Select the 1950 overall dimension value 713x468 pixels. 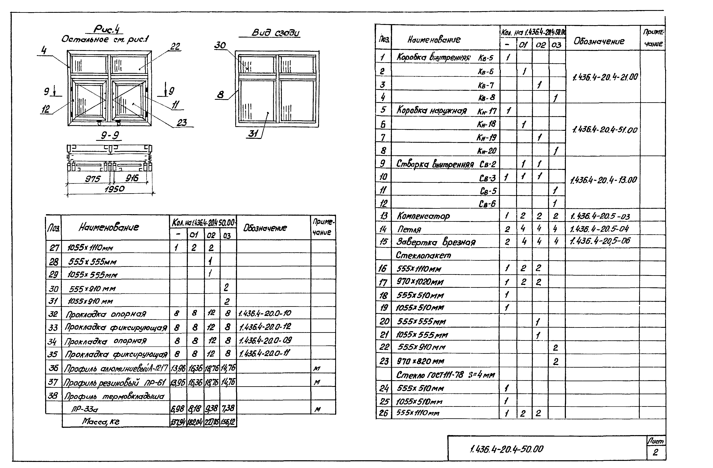point(114,189)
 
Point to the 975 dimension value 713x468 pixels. point(93,179)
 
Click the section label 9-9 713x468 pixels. point(110,136)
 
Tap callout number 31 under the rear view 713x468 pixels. point(253,134)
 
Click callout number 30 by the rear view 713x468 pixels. point(220,45)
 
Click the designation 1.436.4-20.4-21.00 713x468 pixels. point(605,77)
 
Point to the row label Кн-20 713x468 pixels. point(487,150)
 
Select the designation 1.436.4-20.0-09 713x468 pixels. point(265,340)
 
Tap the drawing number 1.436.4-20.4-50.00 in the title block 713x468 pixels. point(506,449)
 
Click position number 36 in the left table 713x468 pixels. point(53,368)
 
